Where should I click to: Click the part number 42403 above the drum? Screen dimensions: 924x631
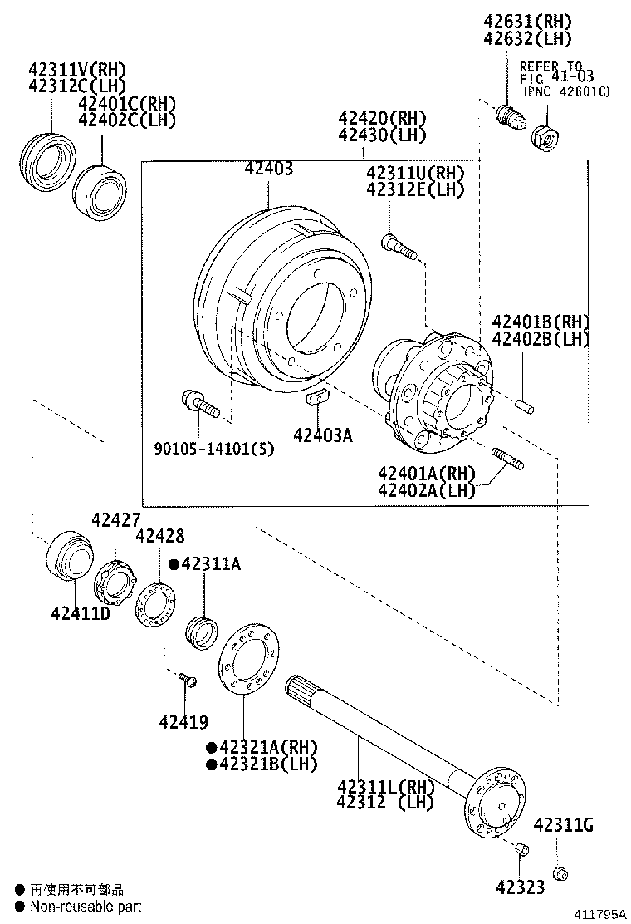coord(269,170)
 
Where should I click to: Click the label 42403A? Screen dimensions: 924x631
coord(321,433)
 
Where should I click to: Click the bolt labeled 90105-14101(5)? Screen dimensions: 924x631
coord(198,405)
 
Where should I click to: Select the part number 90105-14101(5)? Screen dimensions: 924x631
coord(213,449)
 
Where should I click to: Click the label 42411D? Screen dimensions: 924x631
coord(81,614)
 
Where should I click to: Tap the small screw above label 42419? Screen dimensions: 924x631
coord(187,681)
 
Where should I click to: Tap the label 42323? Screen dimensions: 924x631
coord(521,887)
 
